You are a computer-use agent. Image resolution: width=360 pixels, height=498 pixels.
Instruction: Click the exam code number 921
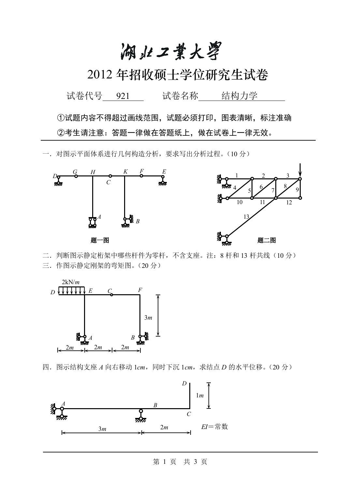123,96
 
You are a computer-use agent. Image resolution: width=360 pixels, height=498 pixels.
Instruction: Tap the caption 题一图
100,241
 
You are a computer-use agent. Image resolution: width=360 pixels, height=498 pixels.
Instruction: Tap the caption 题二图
266,241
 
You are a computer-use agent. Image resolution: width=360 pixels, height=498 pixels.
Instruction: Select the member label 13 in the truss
246,216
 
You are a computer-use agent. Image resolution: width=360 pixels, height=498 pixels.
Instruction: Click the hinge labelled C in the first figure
110,176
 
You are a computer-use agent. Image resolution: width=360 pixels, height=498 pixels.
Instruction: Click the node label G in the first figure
75,171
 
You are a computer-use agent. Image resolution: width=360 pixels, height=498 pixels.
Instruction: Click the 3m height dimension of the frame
148,317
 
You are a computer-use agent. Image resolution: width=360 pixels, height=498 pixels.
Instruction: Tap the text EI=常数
214,426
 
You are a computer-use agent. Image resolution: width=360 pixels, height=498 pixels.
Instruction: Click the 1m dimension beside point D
200,395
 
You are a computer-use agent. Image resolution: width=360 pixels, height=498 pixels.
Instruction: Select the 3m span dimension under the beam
102,429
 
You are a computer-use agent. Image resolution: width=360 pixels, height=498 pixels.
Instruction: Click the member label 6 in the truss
261,187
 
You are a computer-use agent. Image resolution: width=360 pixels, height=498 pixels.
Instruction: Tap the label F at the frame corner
140,289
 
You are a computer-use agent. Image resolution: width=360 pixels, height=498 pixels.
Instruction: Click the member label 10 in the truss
239,202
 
